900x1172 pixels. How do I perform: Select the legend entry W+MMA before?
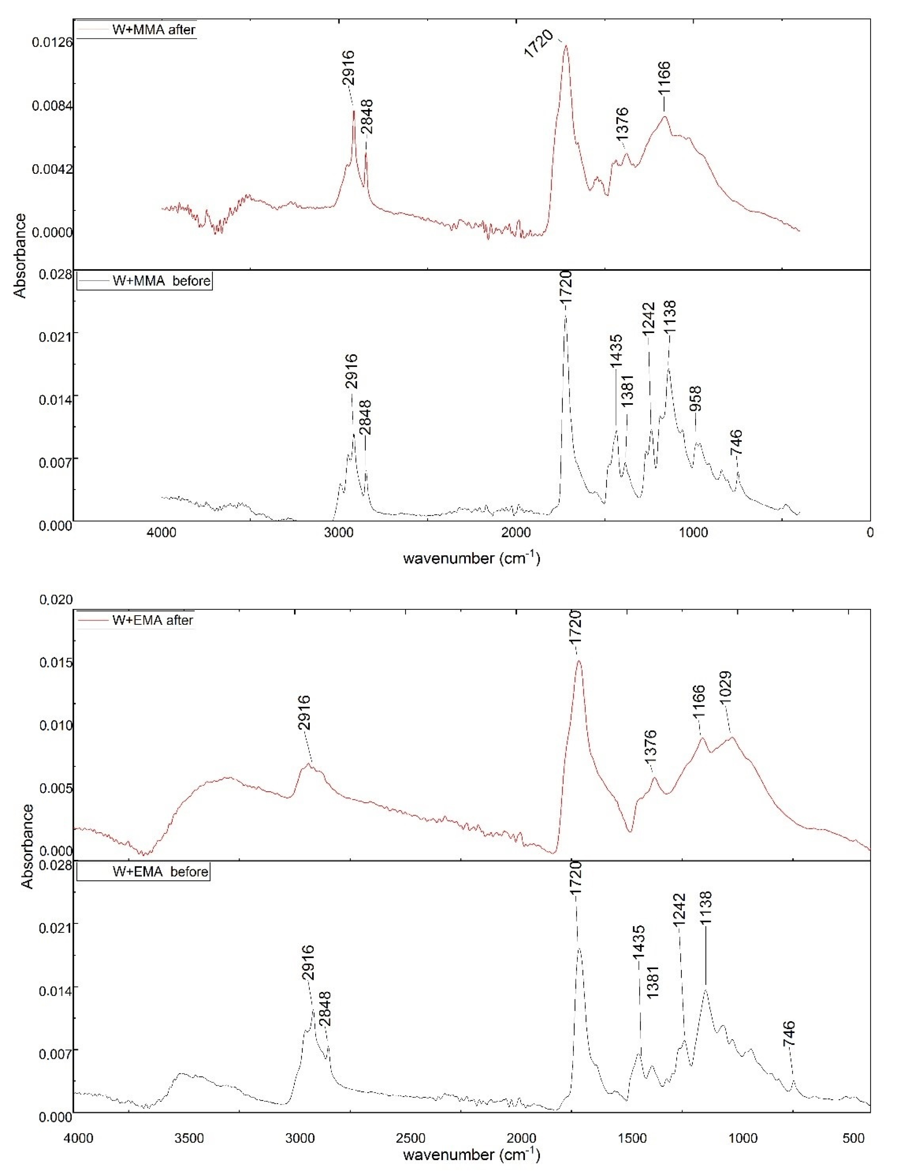[x=161, y=281]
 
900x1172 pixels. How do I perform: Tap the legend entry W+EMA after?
[x=152, y=621]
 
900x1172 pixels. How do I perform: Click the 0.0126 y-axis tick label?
[x=52, y=43]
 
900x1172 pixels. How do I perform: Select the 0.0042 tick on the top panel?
[x=52, y=169]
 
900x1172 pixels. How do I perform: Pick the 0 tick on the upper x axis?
[x=869, y=533]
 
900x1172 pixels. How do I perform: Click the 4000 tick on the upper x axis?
[x=162, y=533]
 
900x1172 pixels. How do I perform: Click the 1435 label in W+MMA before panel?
[x=616, y=351]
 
